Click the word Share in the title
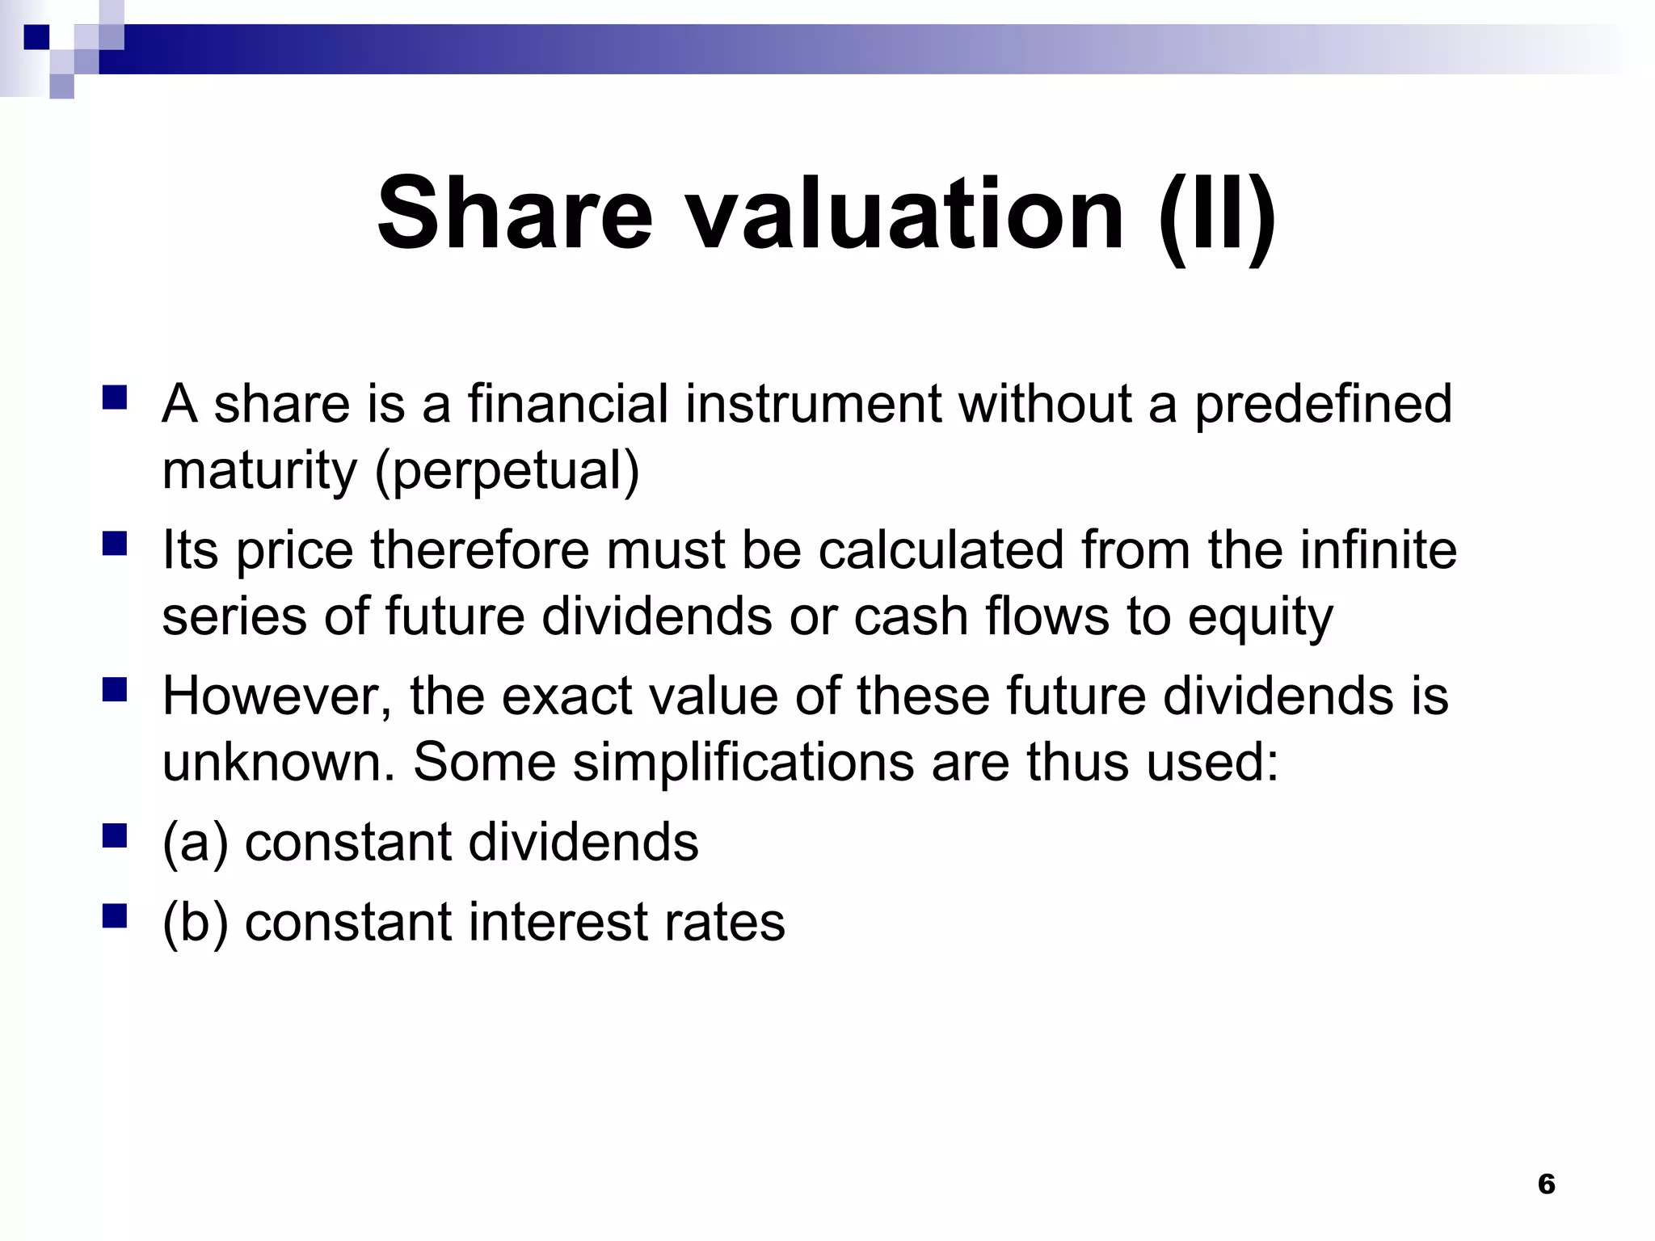click(514, 214)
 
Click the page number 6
click(1546, 1184)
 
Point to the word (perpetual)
click(507, 470)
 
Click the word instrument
click(813, 404)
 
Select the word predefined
click(1323, 404)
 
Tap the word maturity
click(259, 470)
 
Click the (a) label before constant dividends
click(195, 842)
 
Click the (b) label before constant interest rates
click(195, 922)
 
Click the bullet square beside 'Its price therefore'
click(115, 544)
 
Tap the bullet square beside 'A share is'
click(115, 398)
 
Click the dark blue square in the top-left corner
click(37, 37)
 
